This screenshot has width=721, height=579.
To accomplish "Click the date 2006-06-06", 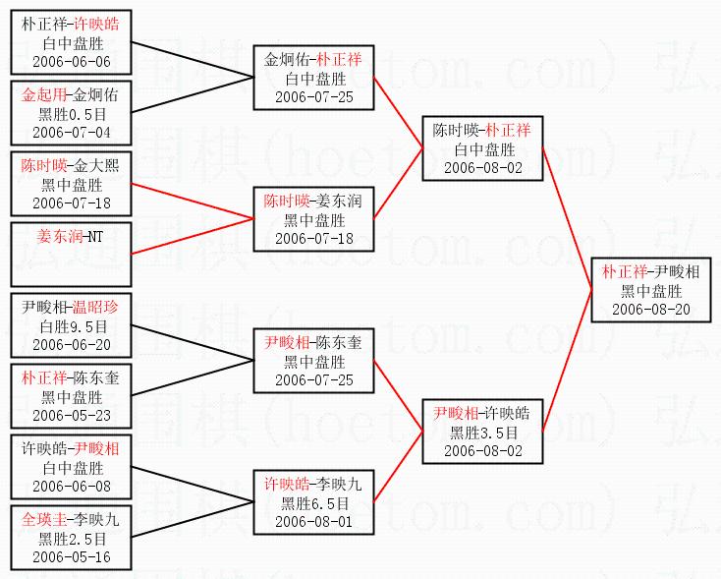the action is pyautogui.click(x=72, y=62).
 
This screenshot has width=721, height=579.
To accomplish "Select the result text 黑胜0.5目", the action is pyautogui.click(x=72, y=114).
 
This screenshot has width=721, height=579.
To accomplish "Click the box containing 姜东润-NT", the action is pyautogui.click(x=72, y=255).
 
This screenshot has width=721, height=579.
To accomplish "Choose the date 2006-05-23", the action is pyautogui.click(x=72, y=416).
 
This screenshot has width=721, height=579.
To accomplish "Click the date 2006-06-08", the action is pyautogui.click(x=72, y=487).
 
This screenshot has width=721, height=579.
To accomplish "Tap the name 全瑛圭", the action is pyautogui.click(x=44, y=520).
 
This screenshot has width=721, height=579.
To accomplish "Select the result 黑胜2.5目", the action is pyautogui.click(x=72, y=539).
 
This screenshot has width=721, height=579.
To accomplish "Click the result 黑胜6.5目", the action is pyautogui.click(x=314, y=503).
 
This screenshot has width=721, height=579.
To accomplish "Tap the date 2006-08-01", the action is pyautogui.click(x=314, y=522).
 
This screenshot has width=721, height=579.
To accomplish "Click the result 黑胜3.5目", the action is pyautogui.click(x=483, y=433).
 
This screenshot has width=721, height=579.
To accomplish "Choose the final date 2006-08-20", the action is pyautogui.click(x=651, y=310).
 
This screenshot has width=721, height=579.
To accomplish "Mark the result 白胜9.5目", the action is pyautogui.click(x=73, y=326).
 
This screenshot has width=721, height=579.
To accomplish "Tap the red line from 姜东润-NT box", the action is pyautogui.click(x=193, y=236).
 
